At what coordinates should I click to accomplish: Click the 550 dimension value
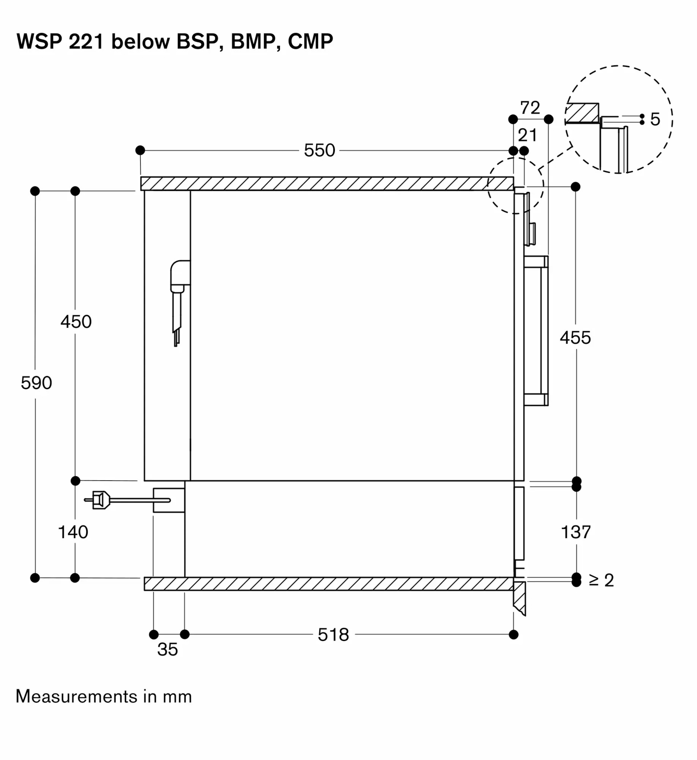[319, 150]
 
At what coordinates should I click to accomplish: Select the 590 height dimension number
[36, 383]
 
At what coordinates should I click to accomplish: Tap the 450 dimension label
[76, 322]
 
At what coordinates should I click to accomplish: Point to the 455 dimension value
[575, 337]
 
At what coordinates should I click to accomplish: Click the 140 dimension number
[73, 532]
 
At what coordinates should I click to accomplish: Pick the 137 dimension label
[576, 532]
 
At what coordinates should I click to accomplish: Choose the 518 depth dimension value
[333, 635]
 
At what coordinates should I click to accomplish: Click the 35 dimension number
[167, 649]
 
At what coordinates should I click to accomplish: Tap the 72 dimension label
[530, 108]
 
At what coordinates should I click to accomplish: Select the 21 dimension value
[527, 135]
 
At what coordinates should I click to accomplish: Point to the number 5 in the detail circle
[655, 119]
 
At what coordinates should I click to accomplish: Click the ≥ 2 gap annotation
[601, 580]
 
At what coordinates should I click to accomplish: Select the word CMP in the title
[310, 41]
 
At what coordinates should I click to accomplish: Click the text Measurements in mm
[104, 697]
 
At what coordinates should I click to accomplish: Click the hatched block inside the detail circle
[582, 113]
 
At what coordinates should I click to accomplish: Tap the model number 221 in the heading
[86, 41]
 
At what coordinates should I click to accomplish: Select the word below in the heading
[140, 41]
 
